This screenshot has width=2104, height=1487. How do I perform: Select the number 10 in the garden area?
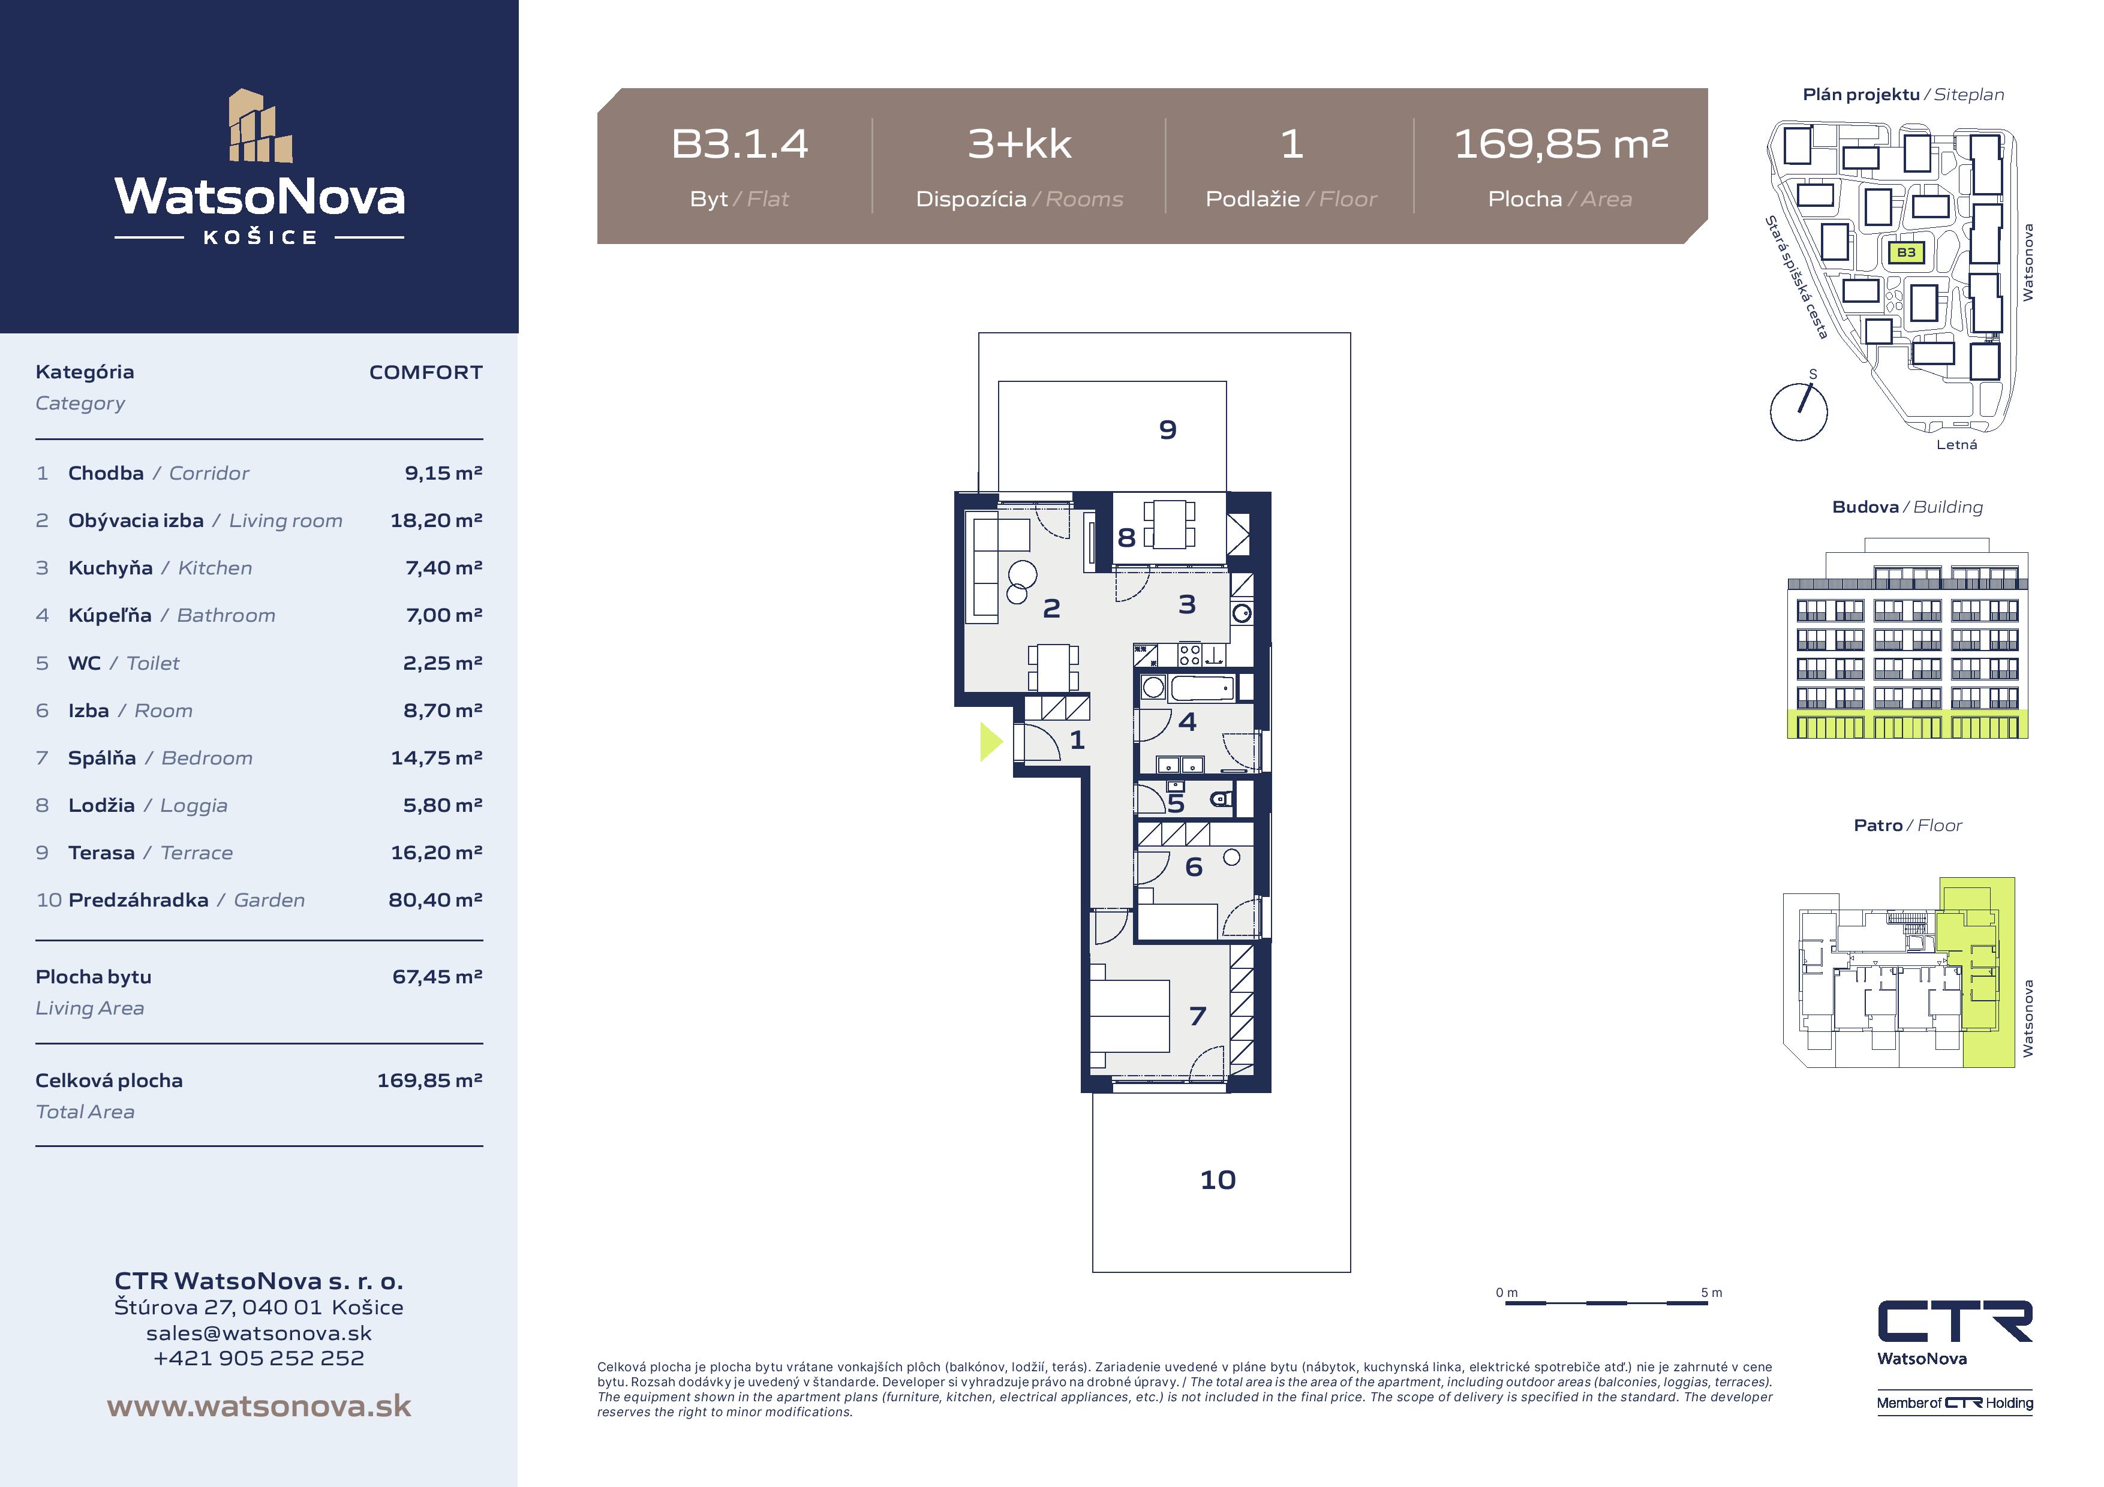point(1218,1180)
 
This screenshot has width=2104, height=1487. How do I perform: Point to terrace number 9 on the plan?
point(1168,430)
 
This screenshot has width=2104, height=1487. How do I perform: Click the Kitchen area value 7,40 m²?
point(443,568)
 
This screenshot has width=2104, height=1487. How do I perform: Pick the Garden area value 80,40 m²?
point(435,900)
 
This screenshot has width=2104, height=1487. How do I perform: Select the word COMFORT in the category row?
point(425,372)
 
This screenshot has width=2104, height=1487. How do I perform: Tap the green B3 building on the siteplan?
point(1906,252)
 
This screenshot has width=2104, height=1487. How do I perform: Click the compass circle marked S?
point(1798,413)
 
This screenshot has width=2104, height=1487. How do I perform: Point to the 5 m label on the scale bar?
point(1711,1293)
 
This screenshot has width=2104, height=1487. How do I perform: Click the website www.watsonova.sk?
point(259,1407)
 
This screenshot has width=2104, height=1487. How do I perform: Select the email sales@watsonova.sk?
point(259,1333)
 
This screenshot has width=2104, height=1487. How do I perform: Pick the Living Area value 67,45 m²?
point(437,977)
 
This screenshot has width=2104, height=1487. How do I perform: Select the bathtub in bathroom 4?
point(1203,687)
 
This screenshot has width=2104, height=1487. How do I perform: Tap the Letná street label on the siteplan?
point(1956,444)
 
